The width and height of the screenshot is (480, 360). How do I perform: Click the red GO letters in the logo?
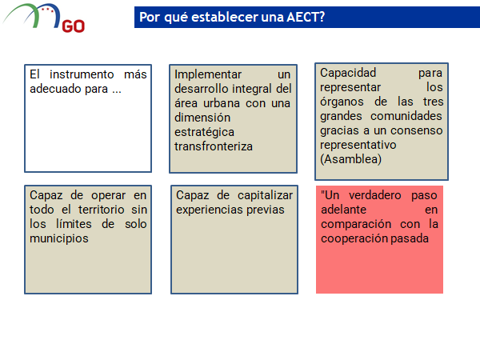(x=74, y=26)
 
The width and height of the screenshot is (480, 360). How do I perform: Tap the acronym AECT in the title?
(x=306, y=17)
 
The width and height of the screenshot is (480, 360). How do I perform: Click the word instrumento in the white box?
(x=82, y=74)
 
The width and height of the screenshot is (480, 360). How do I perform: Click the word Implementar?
(x=208, y=74)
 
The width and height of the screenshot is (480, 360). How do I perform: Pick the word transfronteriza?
(x=214, y=146)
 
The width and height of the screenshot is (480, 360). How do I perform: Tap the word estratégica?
(x=204, y=132)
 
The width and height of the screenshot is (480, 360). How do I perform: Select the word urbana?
(x=222, y=103)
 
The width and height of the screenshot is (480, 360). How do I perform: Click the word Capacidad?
(x=348, y=73)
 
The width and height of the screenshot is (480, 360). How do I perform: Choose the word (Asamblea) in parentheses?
(x=351, y=159)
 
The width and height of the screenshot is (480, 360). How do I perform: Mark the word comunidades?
(x=406, y=116)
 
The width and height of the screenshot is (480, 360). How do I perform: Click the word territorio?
(x=102, y=210)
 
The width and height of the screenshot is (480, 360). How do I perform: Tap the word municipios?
(x=59, y=238)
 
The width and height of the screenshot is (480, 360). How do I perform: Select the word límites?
(x=74, y=224)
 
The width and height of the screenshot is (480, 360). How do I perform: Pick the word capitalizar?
(x=265, y=195)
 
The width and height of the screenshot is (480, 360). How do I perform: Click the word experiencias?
(x=209, y=210)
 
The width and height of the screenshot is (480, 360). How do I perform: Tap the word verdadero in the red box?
(x=375, y=195)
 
